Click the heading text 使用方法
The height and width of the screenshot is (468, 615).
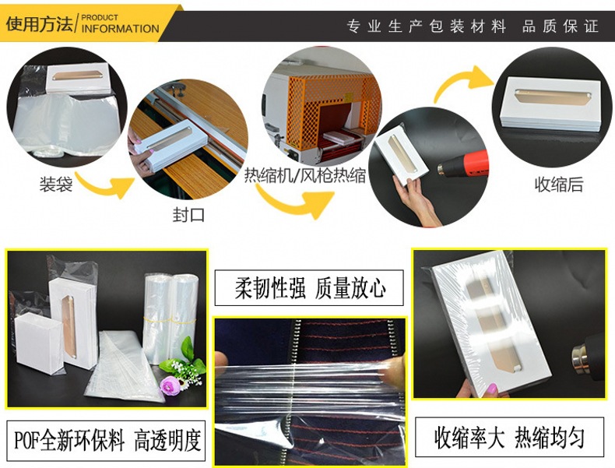[x=39, y=23]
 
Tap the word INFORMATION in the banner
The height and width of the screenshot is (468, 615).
[x=120, y=29]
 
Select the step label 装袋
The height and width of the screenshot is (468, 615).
[x=56, y=184]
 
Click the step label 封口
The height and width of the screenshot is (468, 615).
[x=188, y=215]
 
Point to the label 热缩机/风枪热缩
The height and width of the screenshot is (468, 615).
[x=305, y=175]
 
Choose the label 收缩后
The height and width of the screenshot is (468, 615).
[x=559, y=185]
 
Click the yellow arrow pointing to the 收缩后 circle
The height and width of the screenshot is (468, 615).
[x=463, y=83]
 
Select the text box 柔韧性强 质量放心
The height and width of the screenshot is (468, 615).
[x=309, y=288]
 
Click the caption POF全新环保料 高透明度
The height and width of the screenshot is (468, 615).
[x=106, y=441]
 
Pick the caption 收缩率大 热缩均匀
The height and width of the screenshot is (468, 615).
[x=509, y=437]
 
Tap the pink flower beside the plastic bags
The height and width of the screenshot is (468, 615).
[x=170, y=385]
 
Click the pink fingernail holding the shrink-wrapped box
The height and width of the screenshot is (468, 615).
[x=492, y=389]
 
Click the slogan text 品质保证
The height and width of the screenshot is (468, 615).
[x=560, y=26]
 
